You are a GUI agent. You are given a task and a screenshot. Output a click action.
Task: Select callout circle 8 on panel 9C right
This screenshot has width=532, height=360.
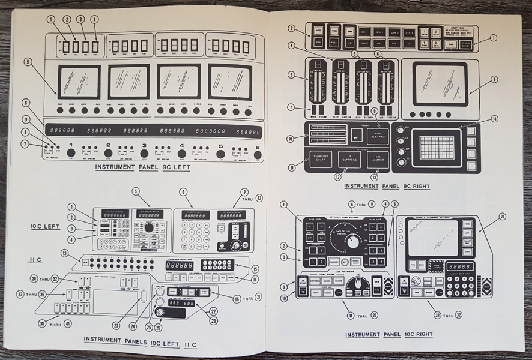click(494, 78)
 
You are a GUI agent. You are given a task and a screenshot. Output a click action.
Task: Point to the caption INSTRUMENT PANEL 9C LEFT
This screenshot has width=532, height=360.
click(142, 167)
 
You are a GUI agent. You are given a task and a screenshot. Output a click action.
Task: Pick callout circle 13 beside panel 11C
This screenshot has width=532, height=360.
click(63, 253)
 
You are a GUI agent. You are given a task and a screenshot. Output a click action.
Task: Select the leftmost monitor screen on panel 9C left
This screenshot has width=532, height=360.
click(79, 82)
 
